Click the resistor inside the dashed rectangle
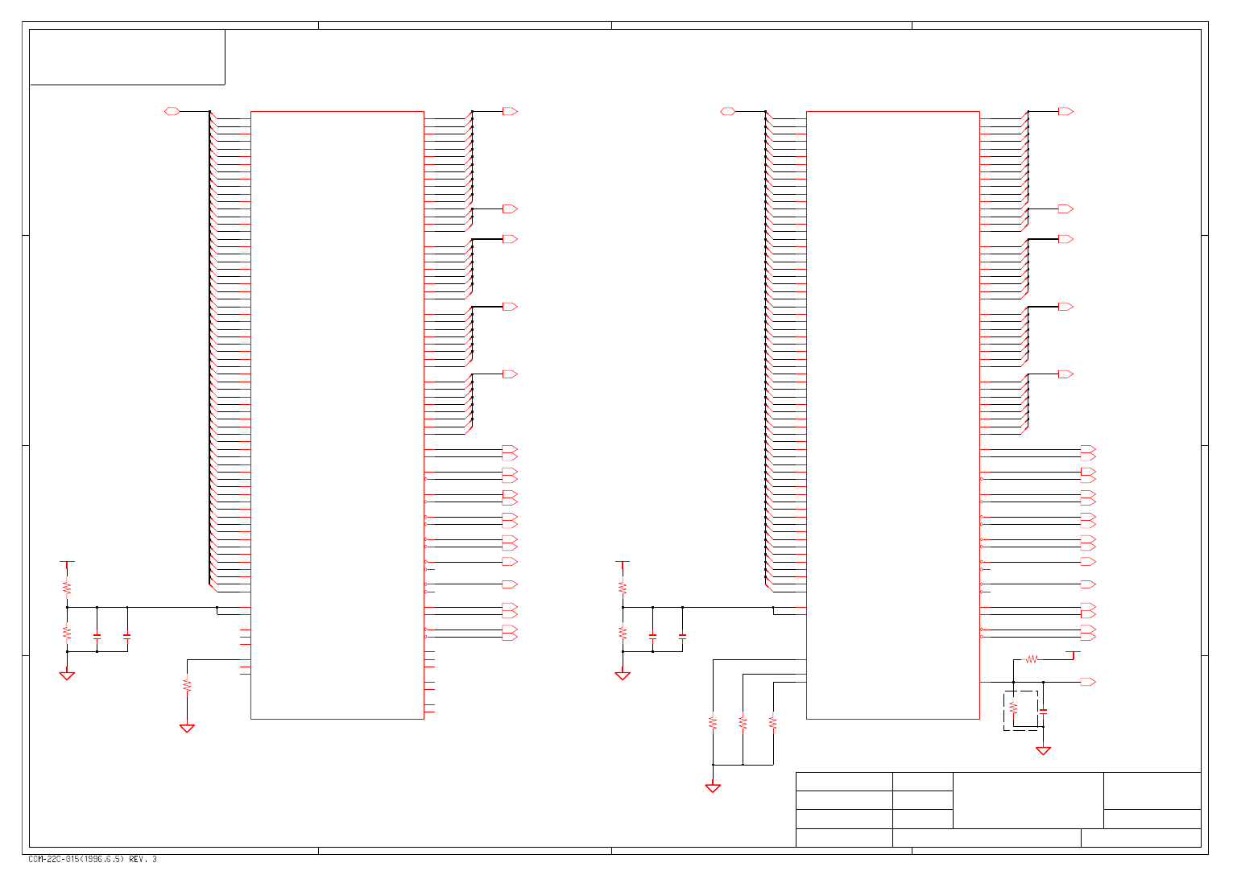pos(1013,708)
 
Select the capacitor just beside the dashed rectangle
pos(1043,712)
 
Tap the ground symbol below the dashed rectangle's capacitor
pos(1043,750)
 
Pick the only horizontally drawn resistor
pos(1032,659)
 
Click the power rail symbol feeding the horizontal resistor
pos(1073,652)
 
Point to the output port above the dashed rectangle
pos(1087,682)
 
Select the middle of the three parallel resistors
pos(743,722)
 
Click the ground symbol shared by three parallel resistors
pos(713,788)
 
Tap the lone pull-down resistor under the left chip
pos(187,686)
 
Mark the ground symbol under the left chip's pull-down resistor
pos(187,729)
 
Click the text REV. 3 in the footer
pos(143,859)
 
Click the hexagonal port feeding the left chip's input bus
pos(172,111)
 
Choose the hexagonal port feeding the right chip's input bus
pos(727,111)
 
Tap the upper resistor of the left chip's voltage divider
pos(67,588)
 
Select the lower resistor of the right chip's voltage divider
pos(623,633)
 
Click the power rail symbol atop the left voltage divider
pos(67,562)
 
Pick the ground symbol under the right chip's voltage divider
pos(623,676)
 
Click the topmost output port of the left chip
pos(509,111)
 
